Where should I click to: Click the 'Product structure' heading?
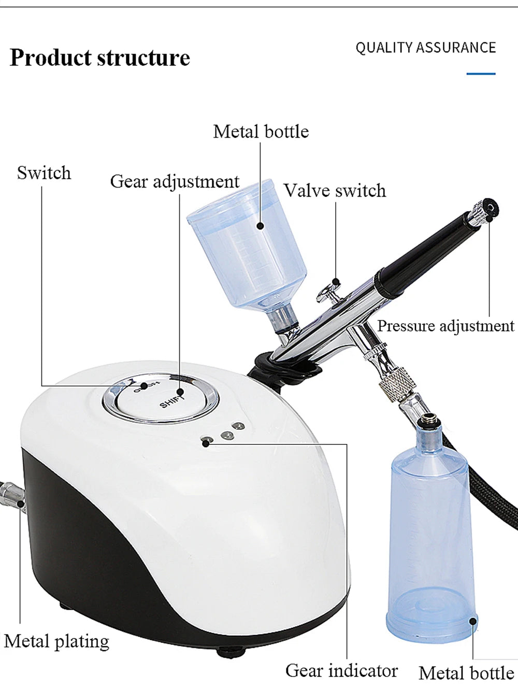(x=100, y=58)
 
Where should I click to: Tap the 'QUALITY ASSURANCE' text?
(x=425, y=48)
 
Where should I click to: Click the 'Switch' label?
(x=44, y=173)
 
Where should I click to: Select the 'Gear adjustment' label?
(x=175, y=182)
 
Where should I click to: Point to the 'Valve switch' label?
(x=335, y=191)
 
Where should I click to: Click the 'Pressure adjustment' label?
(x=445, y=326)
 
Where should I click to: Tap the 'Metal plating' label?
(x=57, y=641)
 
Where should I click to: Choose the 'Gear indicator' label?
(x=341, y=670)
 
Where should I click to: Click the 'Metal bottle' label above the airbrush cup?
(x=261, y=132)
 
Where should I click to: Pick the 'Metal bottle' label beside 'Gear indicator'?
(x=466, y=672)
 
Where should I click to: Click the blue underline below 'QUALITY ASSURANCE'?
(x=481, y=74)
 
